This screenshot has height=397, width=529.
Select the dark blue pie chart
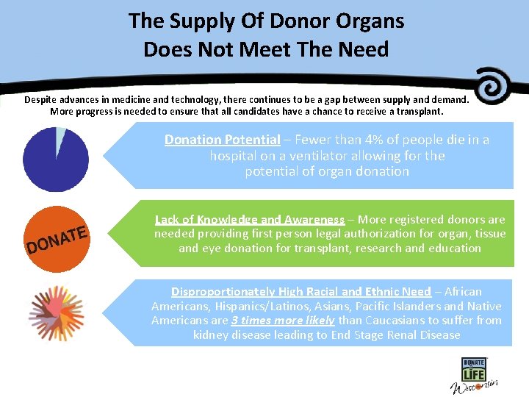tap(55, 160)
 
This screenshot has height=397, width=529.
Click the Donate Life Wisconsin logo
tap(475, 375)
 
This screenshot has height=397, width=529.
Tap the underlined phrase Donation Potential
tap(222, 140)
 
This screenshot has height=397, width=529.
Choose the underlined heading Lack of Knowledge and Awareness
tap(249, 219)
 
